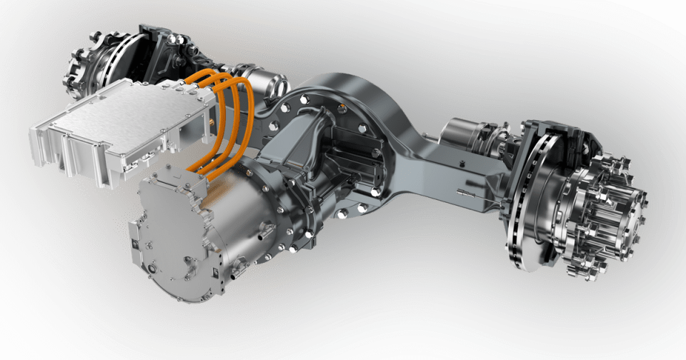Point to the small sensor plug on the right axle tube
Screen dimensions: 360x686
tap(468, 192)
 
